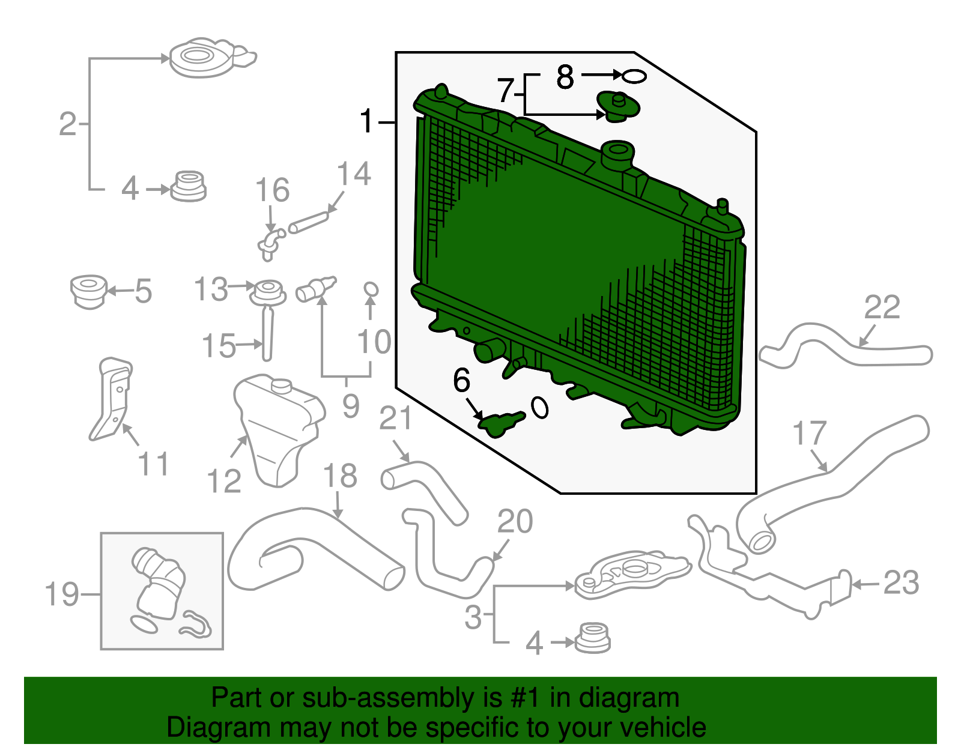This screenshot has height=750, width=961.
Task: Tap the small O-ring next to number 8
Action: [x=634, y=76]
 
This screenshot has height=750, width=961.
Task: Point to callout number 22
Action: [x=882, y=307]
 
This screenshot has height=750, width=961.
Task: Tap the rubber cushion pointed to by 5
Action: [x=89, y=291]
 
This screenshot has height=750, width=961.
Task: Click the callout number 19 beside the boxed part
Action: [x=62, y=594]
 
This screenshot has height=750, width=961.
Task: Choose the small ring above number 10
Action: [x=371, y=289]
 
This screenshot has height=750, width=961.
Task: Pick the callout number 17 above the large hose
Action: [x=809, y=433]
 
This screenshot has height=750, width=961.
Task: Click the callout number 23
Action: [x=901, y=583]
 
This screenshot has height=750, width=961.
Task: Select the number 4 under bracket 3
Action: [x=534, y=643]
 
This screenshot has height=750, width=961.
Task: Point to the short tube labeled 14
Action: [x=309, y=222]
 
